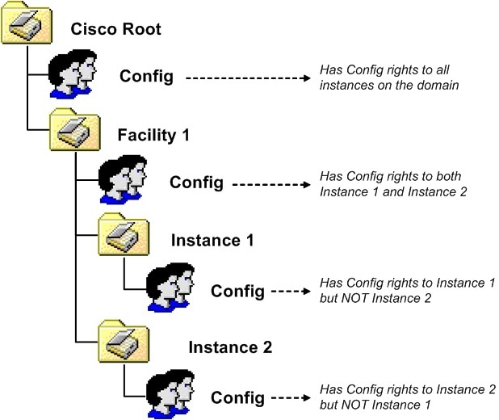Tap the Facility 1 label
(154, 135)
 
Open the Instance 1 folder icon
(124, 234)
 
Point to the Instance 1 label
(212, 240)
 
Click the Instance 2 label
(230, 347)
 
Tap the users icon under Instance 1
(170, 288)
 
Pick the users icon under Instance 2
(170, 393)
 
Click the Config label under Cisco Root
(147, 77)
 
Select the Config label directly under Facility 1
(196, 182)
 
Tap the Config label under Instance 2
(237, 397)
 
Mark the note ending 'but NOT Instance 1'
(406, 397)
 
